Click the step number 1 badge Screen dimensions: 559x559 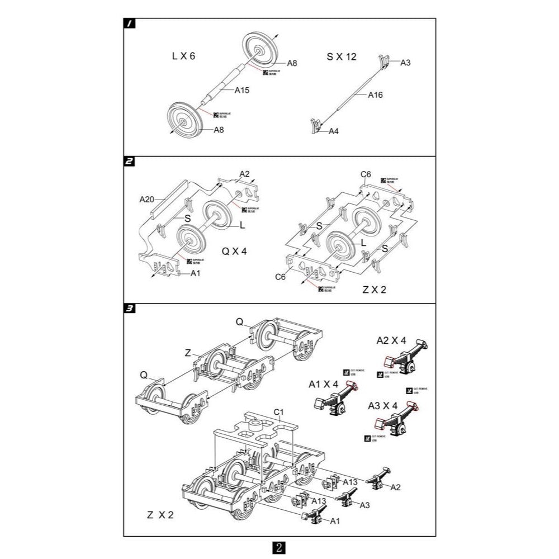pyautogui.click(x=129, y=23)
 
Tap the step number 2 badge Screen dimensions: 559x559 pyautogui.click(x=129, y=162)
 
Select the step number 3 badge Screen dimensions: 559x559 pyautogui.click(x=129, y=308)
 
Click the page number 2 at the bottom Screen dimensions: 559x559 pyautogui.click(x=279, y=546)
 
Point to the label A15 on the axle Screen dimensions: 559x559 pyautogui.click(x=242, y=89)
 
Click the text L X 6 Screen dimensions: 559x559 pyautogui.click(x=183, y=56)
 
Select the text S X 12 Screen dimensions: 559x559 pyautogui.click(x=342, y=56)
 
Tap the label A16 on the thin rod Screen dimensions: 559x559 pyautogui.click(x=375, y=95)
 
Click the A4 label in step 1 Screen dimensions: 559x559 pyautogui.click(x=334, y=131)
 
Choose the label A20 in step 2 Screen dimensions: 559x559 pyautogui.click(x=146, y=198)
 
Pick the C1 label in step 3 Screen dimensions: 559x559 pyautogui.click(x=279, y=412)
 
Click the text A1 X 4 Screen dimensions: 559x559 pyautogui.click(x=324, y=384)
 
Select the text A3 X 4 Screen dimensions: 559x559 pyautogui.click(x=382, y=404)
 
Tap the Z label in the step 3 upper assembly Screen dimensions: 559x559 pyautogui.click(x=188, y=353)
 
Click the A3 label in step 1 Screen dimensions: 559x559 pyautogui.click(x=406, y=63)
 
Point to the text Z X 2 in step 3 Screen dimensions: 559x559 pyautogui.click(x=159, y=515)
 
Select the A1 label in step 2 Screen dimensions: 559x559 pyautogui.click(x=195, y=273)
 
